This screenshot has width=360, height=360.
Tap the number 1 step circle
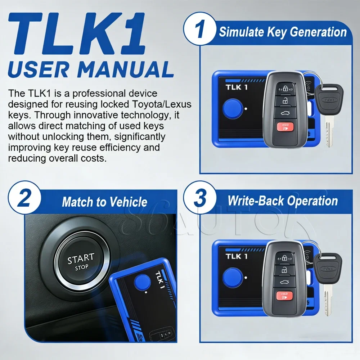[x=199, y=31]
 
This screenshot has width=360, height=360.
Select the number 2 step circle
[x=24, y=200]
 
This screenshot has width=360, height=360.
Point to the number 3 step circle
[x=199, y=200]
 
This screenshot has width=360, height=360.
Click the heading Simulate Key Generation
[x=283, y=32]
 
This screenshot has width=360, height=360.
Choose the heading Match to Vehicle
[x=104, y=202]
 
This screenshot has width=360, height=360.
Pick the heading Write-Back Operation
[x=283, y=201]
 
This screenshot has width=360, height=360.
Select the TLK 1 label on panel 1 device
[x=236, y=87]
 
